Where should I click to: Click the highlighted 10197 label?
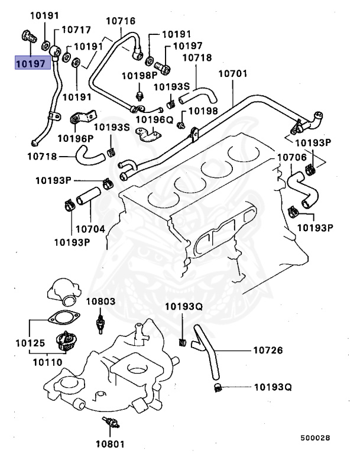[31, 62]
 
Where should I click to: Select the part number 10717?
[76, 29]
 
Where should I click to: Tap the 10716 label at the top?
[121, 21]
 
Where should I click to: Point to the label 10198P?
[140, 76]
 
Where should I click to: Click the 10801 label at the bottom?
[108, 442]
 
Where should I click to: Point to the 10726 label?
[268, 351]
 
